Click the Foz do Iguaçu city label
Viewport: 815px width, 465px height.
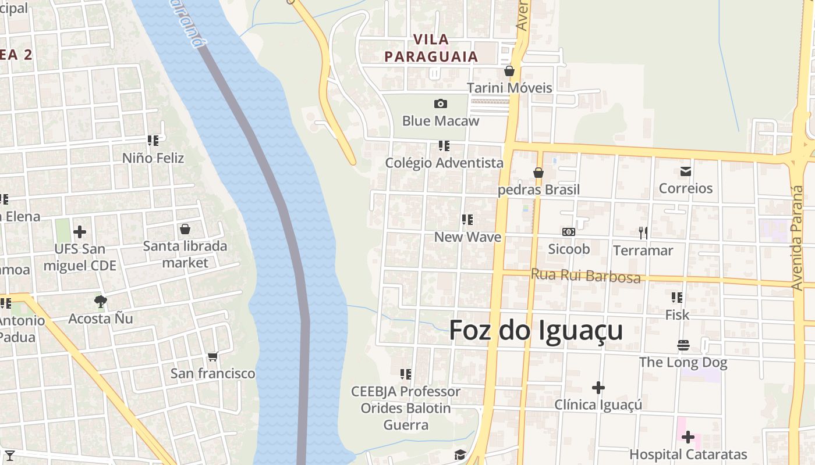pyautogui.click(x=536, y=330)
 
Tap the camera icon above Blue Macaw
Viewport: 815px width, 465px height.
pyautogui.click(x=441, y=104)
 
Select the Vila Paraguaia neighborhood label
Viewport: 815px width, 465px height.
pyautogui.click(x=431, y=48)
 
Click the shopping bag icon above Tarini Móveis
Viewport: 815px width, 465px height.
pyautogui.click(x=509, y=71)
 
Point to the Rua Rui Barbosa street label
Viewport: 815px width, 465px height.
pyautogui.click(x=586, y=276)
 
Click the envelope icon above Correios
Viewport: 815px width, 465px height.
pyautogui.click(x=686, y=171)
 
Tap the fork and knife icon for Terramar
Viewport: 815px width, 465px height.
pyautogui.click(x=643, y=233)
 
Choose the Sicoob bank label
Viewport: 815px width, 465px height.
pyautogui.click(x=569, y=249)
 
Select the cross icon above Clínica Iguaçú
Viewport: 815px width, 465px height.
pyautogui.click(x=598, y=388)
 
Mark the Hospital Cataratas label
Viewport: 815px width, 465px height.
pyautogui.click(x=688, y=455)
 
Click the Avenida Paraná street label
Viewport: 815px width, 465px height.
pyautogui.click(x=798, y=238)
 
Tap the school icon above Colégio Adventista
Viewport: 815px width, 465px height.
pyautogui.click(x=444, y=146)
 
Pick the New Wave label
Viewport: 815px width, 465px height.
pyautogui.click(x=467, y=237)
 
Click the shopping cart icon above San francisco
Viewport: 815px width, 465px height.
pyautogui.click(x=212, y=356)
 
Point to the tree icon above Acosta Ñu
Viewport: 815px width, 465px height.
pyautogui.click(x=101, y=301)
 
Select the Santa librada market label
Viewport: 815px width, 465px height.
pyautogui.click(x=185, y=254)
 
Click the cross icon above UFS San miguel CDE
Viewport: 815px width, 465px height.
pyautogui.click(x=80, y=232)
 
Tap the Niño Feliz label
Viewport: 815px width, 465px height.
pyautogui.click(x=153, y=158)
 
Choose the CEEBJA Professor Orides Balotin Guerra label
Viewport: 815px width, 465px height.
pyautogui.click(x=406, y=408)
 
